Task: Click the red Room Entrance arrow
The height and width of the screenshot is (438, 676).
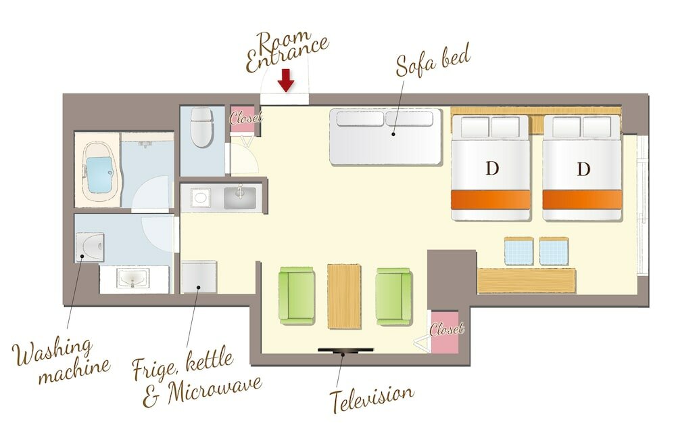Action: (285, 80)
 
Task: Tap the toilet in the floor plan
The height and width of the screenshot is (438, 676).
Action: (201, 127)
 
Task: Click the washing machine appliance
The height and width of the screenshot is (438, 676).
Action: (90, 247)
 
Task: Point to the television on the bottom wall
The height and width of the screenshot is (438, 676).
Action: (345, 350)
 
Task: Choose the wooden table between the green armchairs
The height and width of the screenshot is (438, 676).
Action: (344, 296)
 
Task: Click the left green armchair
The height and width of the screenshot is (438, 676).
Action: (297, 295)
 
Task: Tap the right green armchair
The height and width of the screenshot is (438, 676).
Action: (393, 296)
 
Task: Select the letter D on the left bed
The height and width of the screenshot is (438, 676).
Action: (491, 168)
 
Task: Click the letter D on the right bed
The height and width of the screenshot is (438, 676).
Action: (583, 169)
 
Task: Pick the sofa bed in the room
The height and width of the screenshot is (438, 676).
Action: (386, 137)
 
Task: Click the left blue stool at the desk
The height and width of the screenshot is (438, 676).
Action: (518, 251)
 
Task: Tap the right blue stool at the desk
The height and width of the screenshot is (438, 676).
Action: (554, 251)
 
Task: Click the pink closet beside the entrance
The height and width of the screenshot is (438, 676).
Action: (243, 119)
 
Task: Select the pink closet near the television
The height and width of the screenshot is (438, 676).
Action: (445, 331)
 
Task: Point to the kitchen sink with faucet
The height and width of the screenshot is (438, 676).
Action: (240, 197)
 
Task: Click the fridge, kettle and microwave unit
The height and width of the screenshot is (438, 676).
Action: (199, 276)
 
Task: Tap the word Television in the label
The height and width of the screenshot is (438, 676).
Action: (372, 397)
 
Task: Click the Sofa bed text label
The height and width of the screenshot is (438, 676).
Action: (433, 61)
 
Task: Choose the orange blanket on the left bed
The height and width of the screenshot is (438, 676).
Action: (491, 200)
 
